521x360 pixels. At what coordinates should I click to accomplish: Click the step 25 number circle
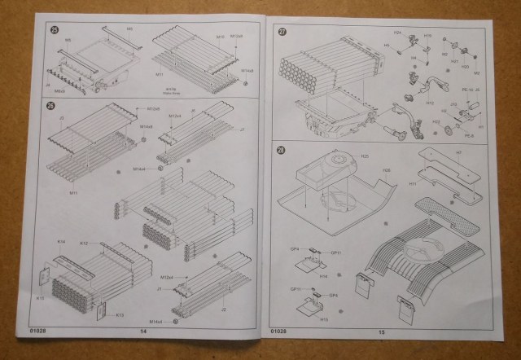(x=55, y=31)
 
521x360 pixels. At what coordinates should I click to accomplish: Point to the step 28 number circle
(x=282, y=149)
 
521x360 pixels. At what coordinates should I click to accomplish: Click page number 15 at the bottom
(x=382, y=332)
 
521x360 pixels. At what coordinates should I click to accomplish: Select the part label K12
(x=83, y=244)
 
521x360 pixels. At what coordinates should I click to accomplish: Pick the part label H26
(x=387, y=169)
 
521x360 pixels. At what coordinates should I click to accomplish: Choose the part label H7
(x=458, y=151)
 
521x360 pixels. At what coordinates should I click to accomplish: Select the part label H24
(x=397, y=33)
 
